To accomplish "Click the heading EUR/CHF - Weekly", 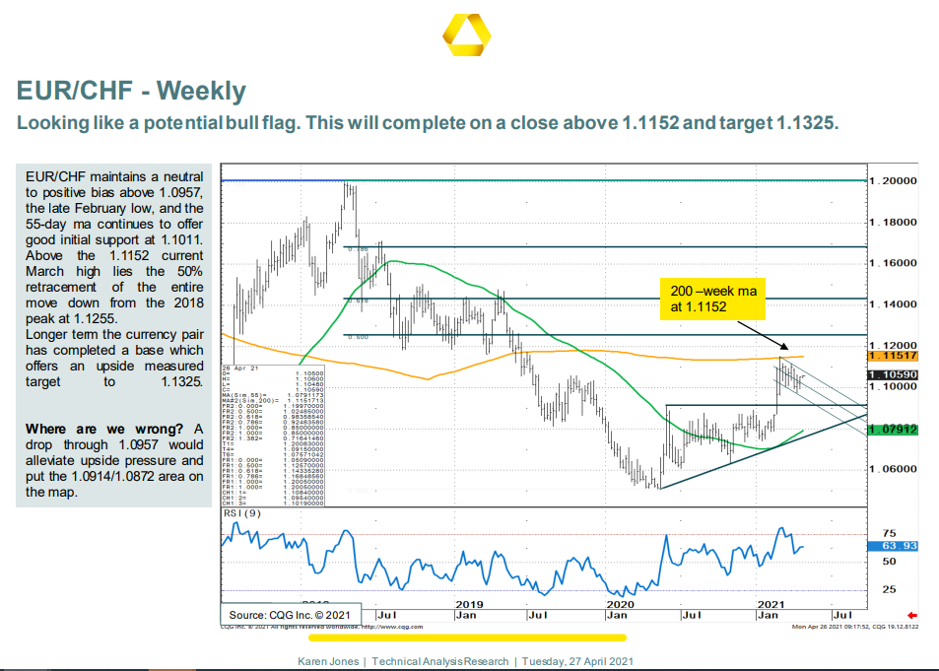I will click(131, 92).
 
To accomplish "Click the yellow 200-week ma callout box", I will click(712, 299).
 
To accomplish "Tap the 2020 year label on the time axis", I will click(621, 603).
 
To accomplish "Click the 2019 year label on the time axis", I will click(469, 603).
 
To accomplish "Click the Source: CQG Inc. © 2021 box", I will click(290, 614).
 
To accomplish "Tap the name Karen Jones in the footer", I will click(329, 661).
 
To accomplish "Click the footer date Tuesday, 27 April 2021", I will click(577, 661).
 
